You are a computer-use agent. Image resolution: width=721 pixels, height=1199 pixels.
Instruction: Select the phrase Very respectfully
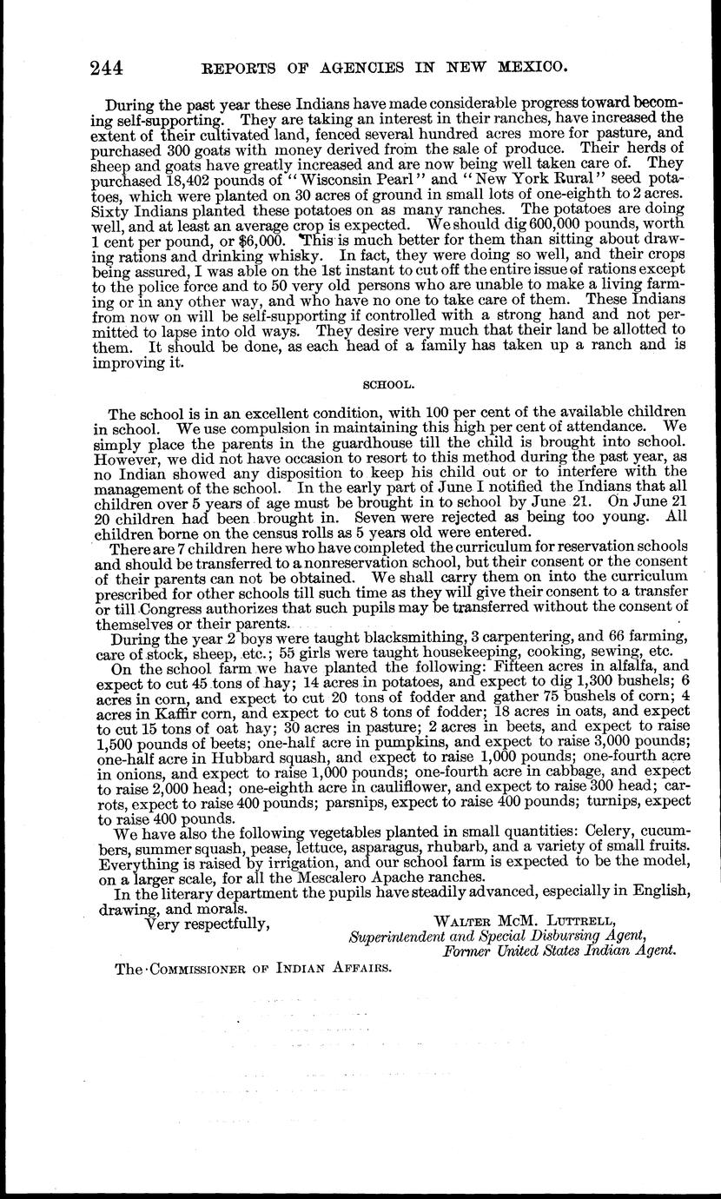207,921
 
